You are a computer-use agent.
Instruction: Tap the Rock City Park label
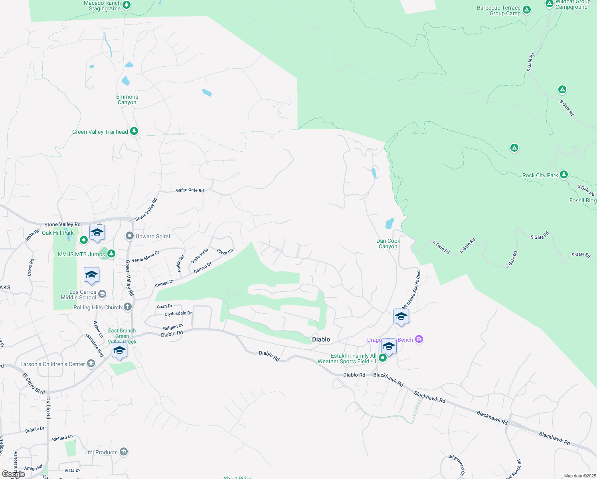[x=540, y=175]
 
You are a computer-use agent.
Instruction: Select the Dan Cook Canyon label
[x=388, y=243]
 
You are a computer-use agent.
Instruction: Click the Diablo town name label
[x=321, y=339]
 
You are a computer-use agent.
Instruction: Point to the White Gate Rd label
[x=190, y=190]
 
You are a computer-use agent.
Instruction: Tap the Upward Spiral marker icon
[x=130, y=236]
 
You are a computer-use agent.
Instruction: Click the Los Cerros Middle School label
[x=78, y=295]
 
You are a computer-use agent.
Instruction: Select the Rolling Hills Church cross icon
[x=128, y=307]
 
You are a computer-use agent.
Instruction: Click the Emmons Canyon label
[x=127, y=99]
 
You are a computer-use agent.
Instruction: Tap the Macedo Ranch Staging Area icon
[x=127, y=5]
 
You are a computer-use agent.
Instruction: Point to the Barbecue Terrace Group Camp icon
[x=527, y=10]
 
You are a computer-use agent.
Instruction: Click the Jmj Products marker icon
[x=124, y=452]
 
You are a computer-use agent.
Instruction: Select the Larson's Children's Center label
[x=53, y=364]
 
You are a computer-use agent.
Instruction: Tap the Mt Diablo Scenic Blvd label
[x=411, y=289]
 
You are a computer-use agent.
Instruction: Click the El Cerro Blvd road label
[x=34, y=384]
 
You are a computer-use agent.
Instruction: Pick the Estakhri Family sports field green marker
[x=383, y=358]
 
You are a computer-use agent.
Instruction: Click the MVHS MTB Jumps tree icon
[x=111, y=253]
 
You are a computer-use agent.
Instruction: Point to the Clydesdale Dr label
[x=178, y=314]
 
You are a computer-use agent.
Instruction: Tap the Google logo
[x=13, y=474]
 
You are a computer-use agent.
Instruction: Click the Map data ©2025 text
[x=580, y=476]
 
